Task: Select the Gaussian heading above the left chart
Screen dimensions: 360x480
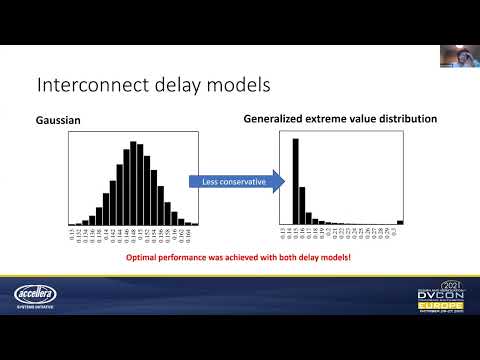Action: pyautogui.click(x=58, y=120)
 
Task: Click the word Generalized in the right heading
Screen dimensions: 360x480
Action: pyautogui.click(x=274, y=119)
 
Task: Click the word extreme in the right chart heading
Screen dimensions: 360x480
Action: pyautogui.click(x=328, y=119)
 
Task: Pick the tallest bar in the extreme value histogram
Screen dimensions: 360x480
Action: pyautogui.click(x=295, y=181)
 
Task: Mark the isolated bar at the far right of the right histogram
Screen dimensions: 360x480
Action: pyautogui.click(x=400, y=222)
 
